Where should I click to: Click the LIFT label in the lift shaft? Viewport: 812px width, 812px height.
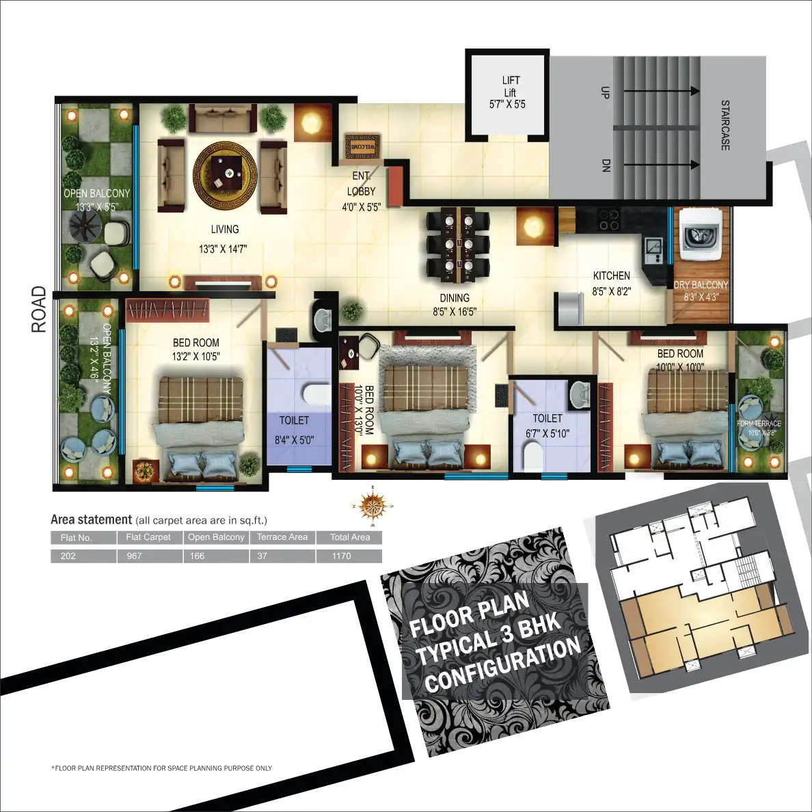511,80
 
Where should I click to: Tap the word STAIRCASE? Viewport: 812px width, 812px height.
725,125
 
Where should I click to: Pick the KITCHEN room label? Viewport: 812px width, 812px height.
611,275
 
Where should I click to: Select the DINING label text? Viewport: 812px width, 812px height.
455,298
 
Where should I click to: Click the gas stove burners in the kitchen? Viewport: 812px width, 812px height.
608,219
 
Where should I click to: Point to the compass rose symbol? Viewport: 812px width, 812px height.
373,506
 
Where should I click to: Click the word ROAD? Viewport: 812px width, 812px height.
39,310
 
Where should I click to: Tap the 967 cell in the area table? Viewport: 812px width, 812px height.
134,556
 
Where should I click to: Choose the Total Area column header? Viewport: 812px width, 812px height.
349,537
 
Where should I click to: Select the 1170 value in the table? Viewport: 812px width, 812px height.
341,556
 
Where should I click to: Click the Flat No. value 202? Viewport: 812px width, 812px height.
68,556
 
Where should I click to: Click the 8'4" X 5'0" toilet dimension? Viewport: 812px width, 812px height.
294,440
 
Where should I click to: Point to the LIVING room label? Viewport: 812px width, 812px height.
224,230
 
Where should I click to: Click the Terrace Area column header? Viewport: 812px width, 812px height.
282,537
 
